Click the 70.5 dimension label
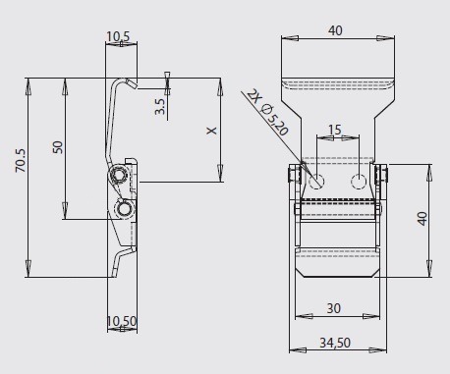coord(21,160)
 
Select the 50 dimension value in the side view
coord(57,147)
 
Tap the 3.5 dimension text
coord(160,107)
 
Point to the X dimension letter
coord(212,131)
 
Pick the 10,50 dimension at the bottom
coord(122,321)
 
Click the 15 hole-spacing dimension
coord(334,130)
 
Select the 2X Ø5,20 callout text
coord(267,112)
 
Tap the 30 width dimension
coord(334,308)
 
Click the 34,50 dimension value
coord(335,343)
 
